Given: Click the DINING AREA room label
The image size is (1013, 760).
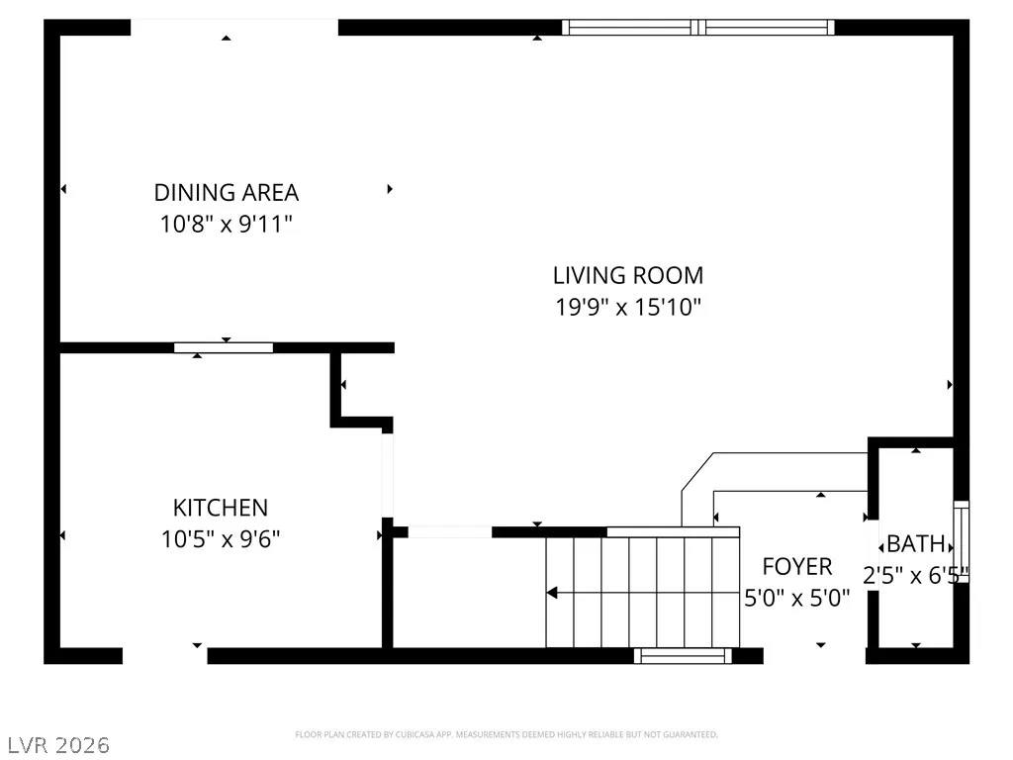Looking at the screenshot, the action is point(227,193).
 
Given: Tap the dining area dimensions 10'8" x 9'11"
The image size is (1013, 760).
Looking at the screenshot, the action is point(227,225).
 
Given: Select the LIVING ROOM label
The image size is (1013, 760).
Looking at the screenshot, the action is point(628,275).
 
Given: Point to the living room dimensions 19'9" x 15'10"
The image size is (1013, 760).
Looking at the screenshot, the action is point(628,307).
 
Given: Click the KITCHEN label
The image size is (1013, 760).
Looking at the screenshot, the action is point(221,508).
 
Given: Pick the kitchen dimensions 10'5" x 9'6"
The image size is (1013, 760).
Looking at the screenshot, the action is point(221,539).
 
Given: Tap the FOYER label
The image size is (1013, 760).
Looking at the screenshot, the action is point(797,567).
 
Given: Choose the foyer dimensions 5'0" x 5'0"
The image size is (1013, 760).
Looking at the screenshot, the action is point(797,599).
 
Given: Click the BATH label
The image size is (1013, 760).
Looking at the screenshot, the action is point(916,543).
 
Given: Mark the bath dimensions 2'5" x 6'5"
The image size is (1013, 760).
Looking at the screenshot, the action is point(916,575).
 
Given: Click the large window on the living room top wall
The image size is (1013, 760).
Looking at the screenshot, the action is point(697,27).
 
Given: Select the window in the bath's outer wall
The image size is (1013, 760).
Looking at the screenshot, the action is point(962,541).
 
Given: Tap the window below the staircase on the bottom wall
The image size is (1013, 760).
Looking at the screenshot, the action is point(683,656).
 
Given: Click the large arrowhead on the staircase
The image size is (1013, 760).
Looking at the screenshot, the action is point(552,593).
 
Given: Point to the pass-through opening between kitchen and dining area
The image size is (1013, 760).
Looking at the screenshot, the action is point(224,347).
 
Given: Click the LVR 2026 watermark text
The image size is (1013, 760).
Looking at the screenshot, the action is point(58,745).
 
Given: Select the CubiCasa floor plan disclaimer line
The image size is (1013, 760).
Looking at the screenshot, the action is point(506,735).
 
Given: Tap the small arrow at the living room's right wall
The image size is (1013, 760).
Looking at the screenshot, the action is point(950,385).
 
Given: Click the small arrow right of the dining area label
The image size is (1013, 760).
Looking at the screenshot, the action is point(390,189).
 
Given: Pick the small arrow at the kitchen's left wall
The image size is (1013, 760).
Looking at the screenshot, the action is point(62,535).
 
